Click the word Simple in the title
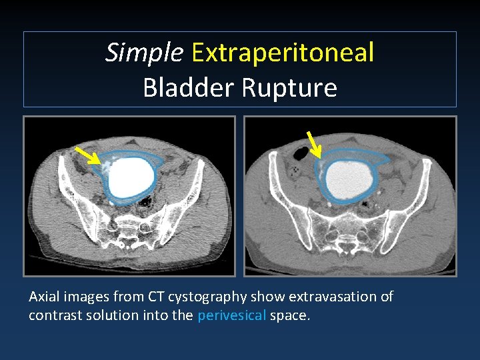143,53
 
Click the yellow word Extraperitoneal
283,53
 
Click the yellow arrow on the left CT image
85,155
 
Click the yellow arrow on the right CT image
313,143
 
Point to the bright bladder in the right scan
348,177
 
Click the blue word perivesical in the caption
231,315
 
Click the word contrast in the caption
55,315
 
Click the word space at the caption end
289,315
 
